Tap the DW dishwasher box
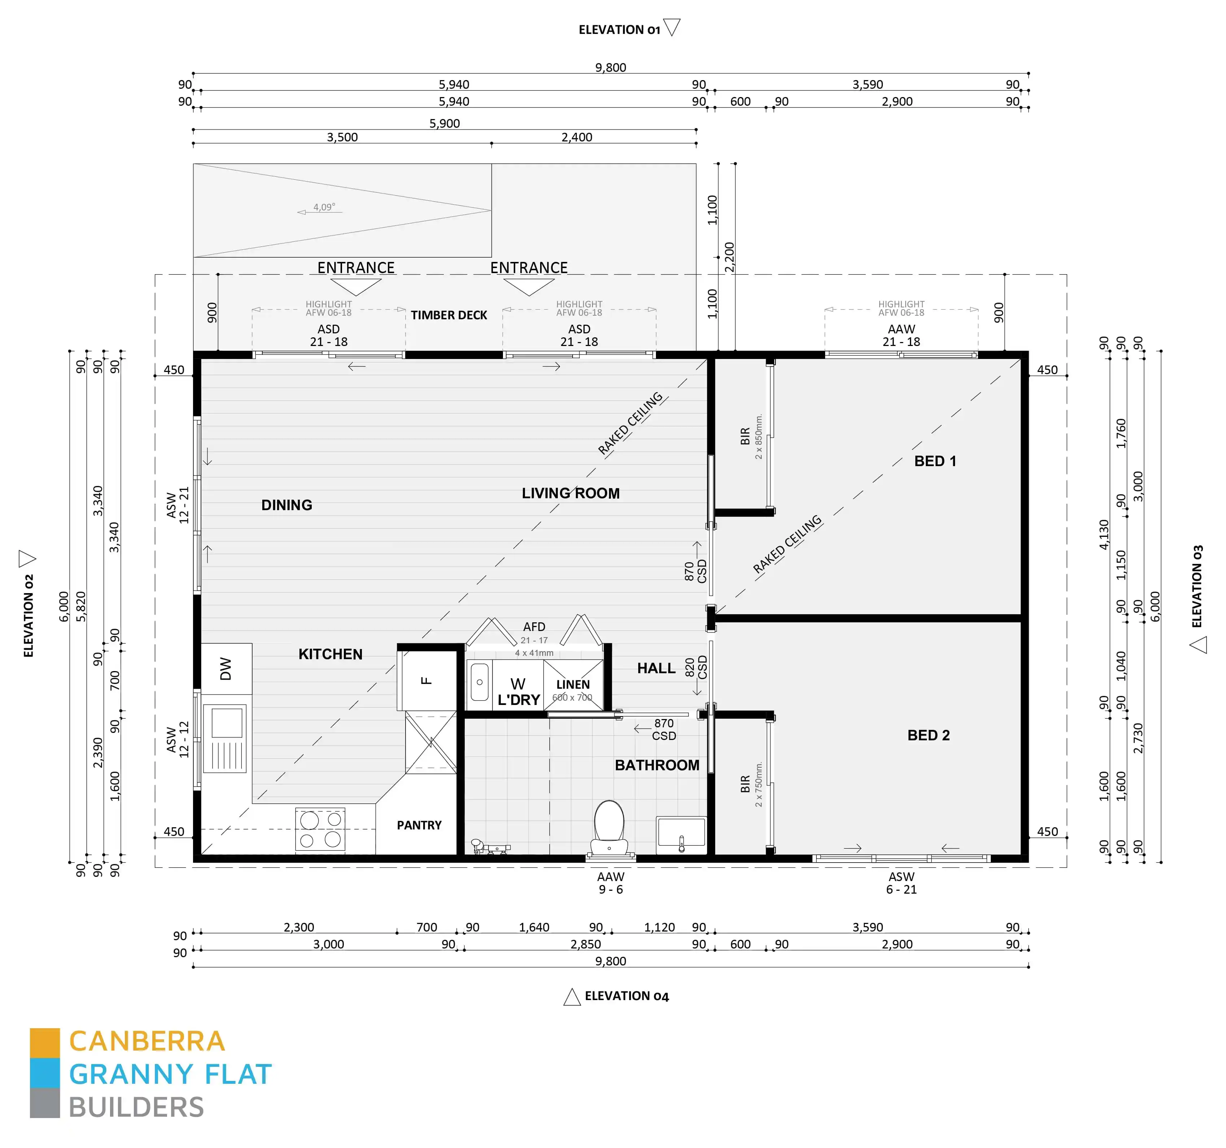click(226, 668)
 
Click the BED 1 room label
click(935, 461)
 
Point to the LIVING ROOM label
click(570, 493)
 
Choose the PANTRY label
click(419, 825)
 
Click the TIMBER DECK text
click(449, 315)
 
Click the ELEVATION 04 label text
click(627, 996)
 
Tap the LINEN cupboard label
click(573, 684)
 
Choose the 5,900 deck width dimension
click(444, 123)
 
